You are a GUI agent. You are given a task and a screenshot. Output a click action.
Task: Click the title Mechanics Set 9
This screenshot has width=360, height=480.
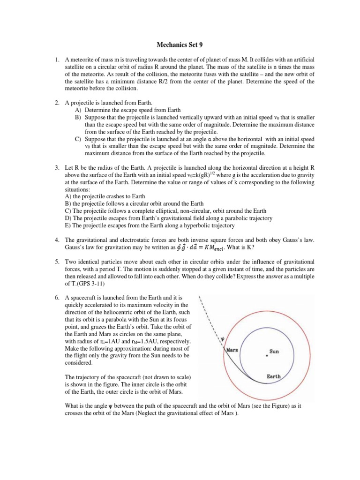click(180, 45)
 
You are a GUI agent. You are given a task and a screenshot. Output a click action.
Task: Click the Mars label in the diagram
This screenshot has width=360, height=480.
click(233, 350)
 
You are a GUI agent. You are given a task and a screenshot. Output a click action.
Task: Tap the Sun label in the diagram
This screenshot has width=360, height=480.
click(274, 351)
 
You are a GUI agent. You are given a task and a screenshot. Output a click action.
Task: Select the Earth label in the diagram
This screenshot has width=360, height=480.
click(274, 376)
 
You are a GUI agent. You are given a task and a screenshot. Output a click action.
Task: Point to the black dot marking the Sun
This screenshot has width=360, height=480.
click(267, 356)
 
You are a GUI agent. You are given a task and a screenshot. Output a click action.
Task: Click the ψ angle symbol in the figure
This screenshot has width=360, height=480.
click(223, 340)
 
